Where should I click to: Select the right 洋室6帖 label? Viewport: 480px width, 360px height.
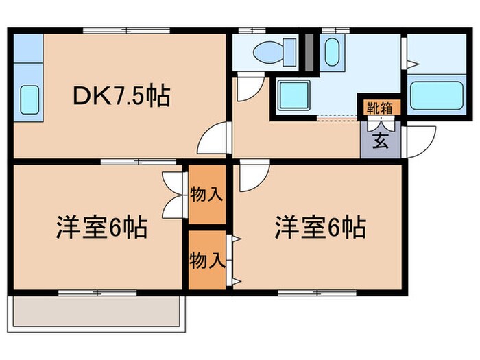click(320, 226)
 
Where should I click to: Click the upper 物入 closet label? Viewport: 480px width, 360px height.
click(206, 194)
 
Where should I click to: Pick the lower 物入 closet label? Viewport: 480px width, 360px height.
click(206, 260)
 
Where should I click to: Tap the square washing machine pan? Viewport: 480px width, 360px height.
click(295, 95)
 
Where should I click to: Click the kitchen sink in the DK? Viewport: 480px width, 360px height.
click(29, 99)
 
